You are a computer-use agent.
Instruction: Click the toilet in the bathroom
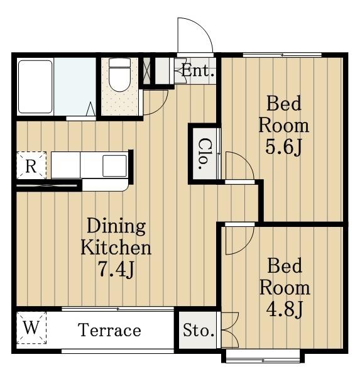point(119,75)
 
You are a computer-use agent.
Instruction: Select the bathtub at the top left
point(35,87)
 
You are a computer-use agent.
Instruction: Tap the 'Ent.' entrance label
point(198,71)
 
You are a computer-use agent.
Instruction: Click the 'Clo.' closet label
point(203,154)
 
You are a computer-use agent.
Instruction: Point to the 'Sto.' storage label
point(199,331)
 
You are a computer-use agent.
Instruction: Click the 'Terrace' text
point(109,331)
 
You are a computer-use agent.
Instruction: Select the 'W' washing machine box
point(31,327)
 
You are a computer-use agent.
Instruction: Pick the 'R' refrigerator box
point(31,165)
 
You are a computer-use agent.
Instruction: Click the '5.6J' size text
point(284,148)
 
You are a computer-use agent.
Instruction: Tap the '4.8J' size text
point(284,310)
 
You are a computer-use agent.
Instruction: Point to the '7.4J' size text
point(116,269)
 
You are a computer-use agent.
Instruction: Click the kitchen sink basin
point(114,166)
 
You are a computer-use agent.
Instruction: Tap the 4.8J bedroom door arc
point(246,248)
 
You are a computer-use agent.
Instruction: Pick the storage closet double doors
point(230,330)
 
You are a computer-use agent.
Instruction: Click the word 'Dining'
point(116,226)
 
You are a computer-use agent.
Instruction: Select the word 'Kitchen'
point(116,248)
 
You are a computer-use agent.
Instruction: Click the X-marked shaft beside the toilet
point(147,71)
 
